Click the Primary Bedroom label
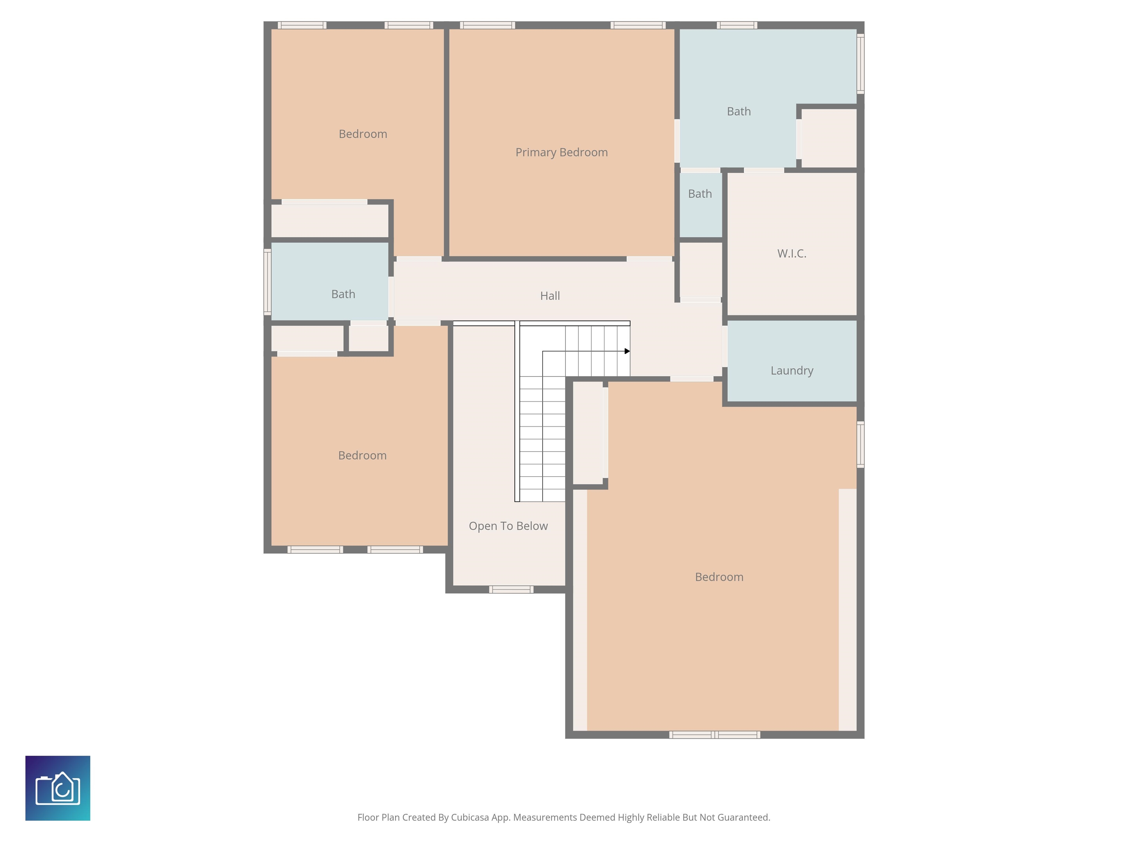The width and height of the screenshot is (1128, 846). [561, 152]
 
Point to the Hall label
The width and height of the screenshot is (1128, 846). [550, 296]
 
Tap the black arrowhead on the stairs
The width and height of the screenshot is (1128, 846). [627, 351]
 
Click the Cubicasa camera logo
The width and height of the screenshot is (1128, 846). [58, 788]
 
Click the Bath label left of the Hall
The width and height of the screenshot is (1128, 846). [343, 294]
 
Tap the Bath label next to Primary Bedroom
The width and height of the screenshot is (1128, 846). [738, 112]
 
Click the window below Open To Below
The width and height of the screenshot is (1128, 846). [511, 589]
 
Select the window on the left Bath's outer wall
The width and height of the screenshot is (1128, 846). [267, 282]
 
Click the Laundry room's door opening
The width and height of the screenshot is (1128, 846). [724, 346]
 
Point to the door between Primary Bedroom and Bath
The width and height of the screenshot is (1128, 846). [677, 141]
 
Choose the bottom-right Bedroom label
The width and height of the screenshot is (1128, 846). [719, 577]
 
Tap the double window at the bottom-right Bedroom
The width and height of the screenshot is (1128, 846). [715, 735]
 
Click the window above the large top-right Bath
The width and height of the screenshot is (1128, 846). [737, 25]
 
